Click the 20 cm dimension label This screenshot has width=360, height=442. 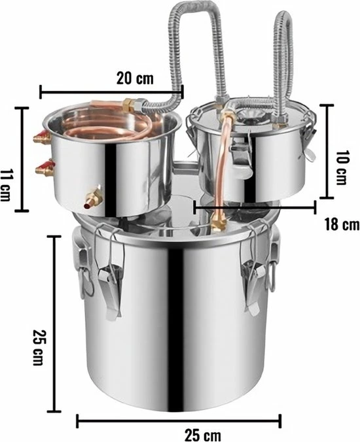(x=135, y=79)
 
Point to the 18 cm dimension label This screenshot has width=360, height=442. (x=341, y=225)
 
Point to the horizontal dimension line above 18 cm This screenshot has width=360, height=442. (x=255, y=207)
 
